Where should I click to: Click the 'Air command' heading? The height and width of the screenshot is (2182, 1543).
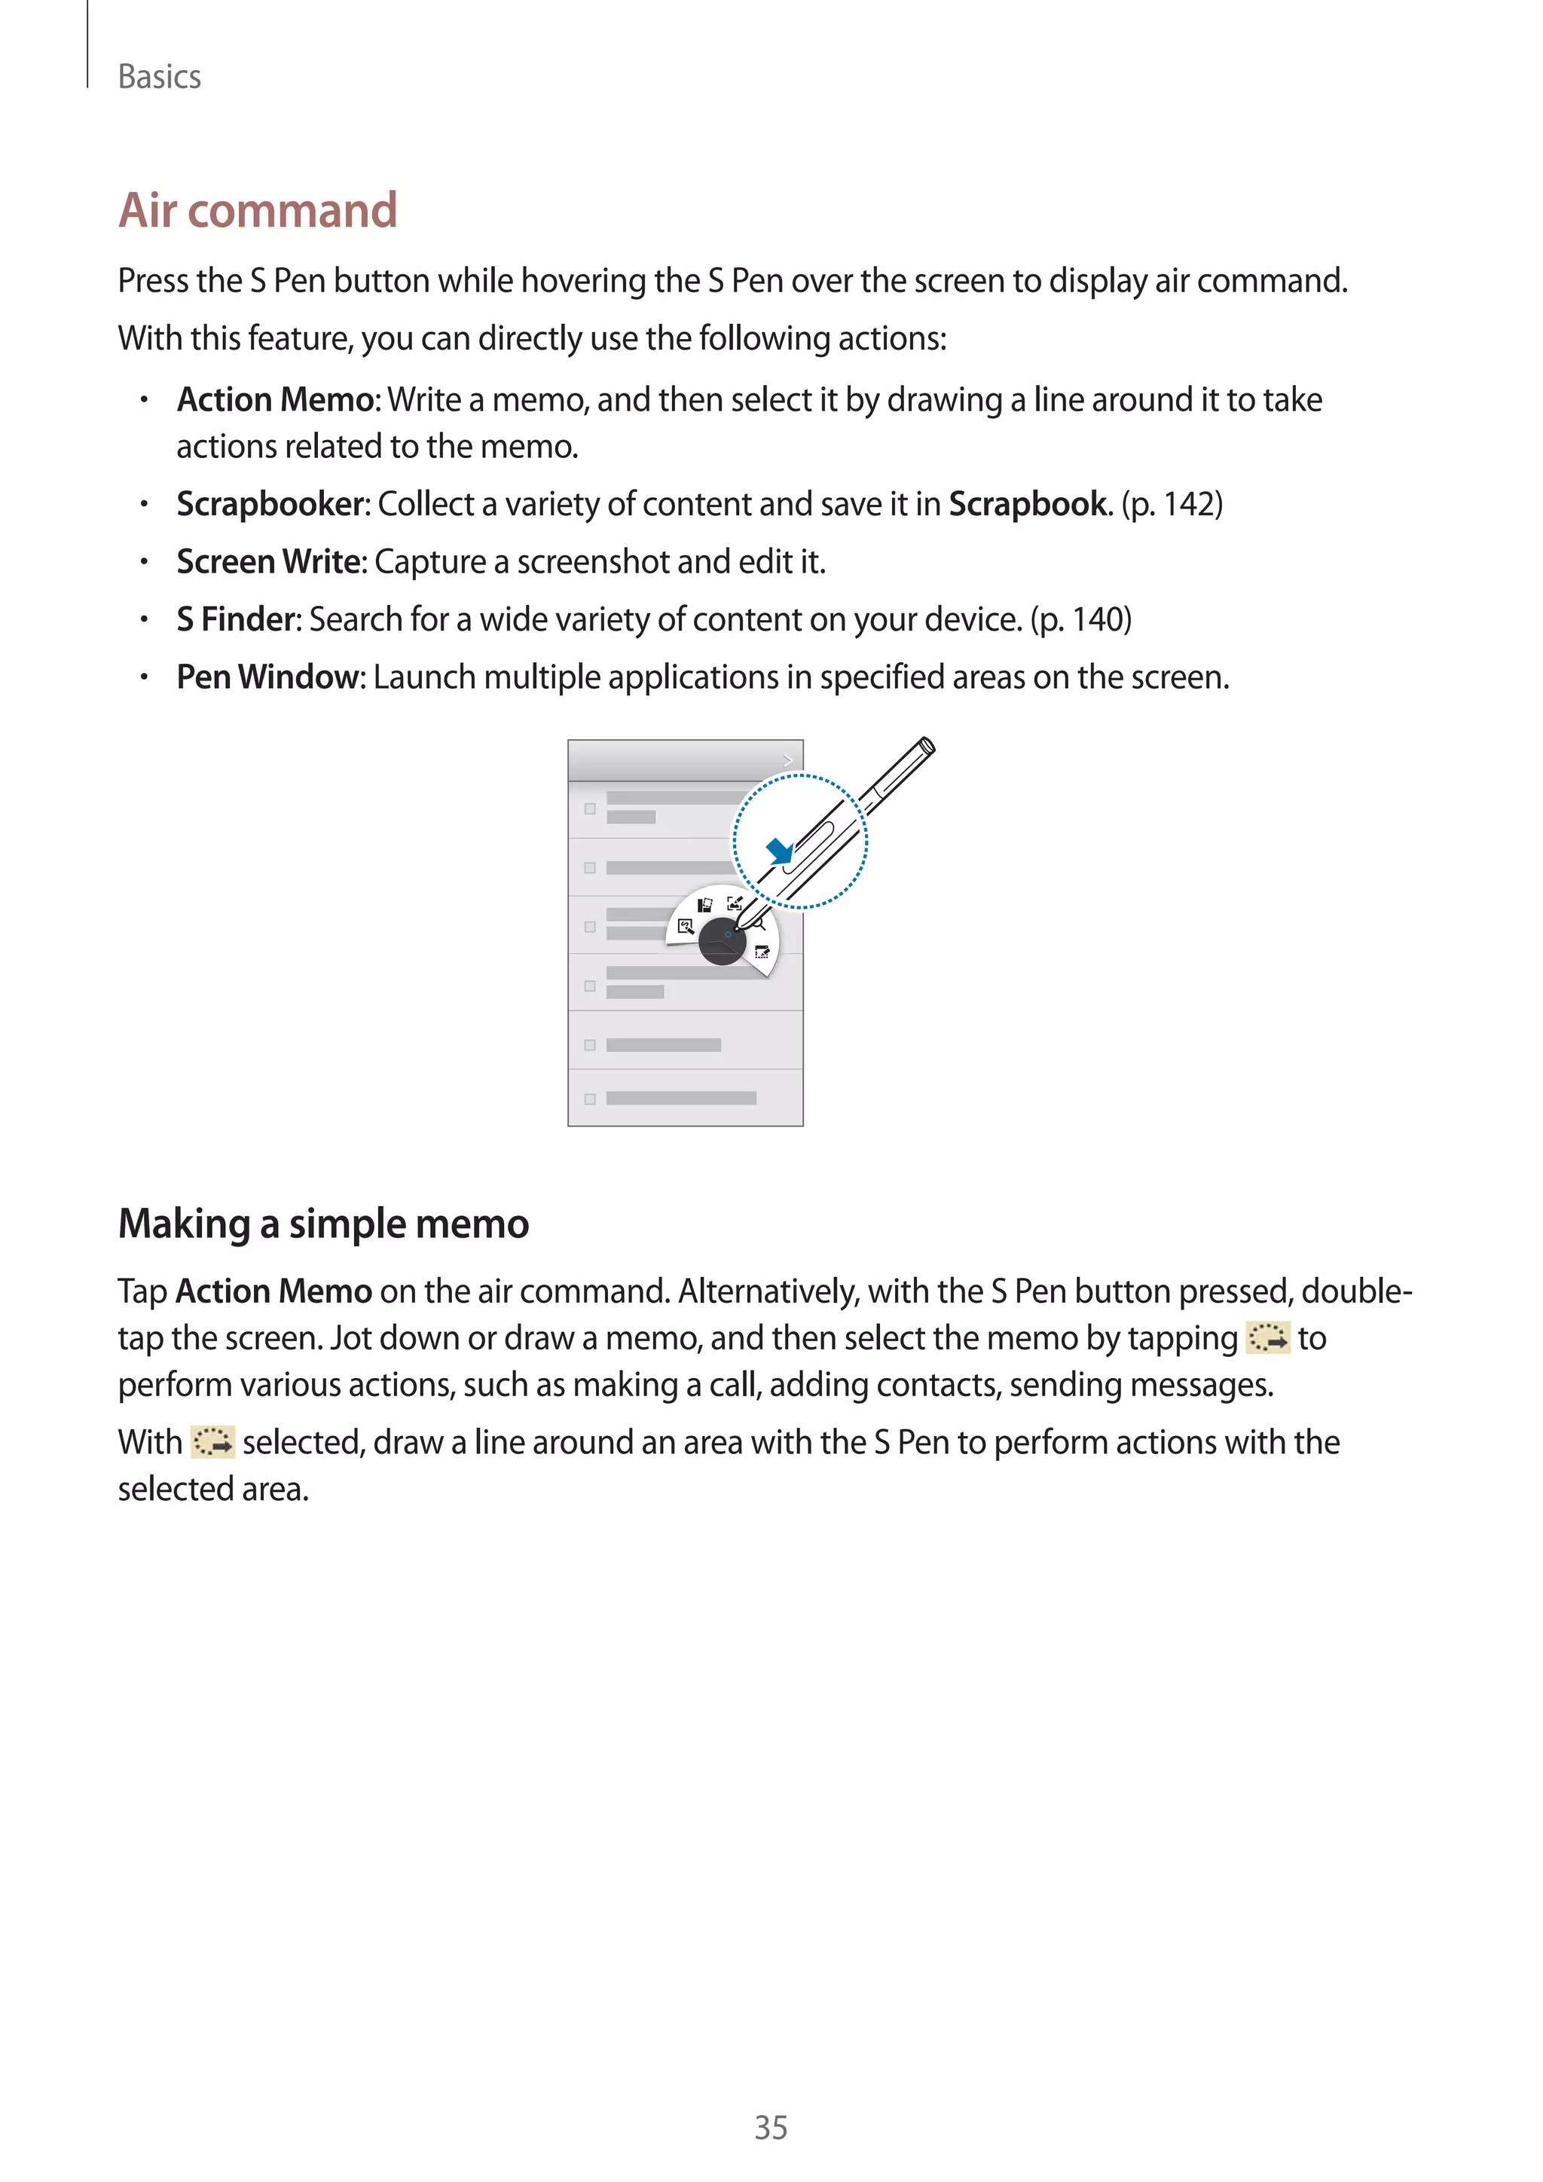click(x=258, y=210)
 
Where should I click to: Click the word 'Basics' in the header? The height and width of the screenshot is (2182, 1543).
click(x=160, y=77)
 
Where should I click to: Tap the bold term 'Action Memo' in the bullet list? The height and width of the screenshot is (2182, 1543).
click(x=276, y=400)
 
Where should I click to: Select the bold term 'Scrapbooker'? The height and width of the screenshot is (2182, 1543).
click(x=270, y=505)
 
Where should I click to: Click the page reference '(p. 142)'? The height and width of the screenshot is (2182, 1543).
click(x=1172, y=505)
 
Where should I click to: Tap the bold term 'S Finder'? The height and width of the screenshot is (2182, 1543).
click(x=237, y=619)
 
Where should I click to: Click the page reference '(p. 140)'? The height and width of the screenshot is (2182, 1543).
click(x=1080, y=619)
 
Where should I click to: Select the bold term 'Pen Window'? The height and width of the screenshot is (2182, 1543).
click(x=268, y=677)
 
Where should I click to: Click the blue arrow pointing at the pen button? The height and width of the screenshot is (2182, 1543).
click(x=779, y=850)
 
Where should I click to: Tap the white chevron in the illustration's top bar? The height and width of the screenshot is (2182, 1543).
click(x=787, y=760)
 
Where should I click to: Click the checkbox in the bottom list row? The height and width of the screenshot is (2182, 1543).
click(x=590, y=1099)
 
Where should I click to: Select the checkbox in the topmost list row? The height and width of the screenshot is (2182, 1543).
click(x=590, y=808)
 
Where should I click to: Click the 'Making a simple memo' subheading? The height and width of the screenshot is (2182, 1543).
click(x=323, y=1224)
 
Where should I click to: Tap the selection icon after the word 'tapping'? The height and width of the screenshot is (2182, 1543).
click(x=1267, y=1338)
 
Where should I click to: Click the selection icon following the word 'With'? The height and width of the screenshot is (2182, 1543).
click(x=212, y=1443)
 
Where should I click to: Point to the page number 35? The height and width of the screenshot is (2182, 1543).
click(x=771, y=2128)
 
